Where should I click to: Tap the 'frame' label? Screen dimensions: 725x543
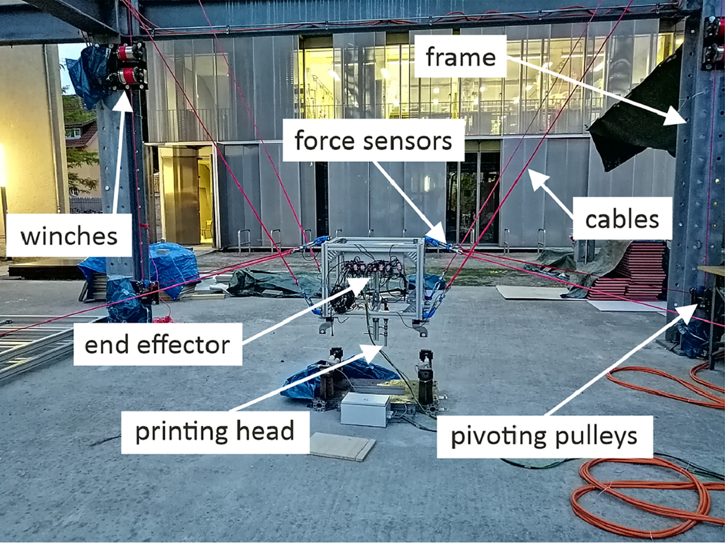pyautogui.click(x=460, y=58)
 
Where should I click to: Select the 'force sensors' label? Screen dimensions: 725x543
pyautogui.click(x=373, y=141)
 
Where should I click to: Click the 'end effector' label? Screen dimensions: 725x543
pyautogui.click(x=158, y=345)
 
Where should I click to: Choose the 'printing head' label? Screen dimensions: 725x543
pyautogui.click(x=214, y=431)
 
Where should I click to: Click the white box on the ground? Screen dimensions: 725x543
pyautogui.click(x=366, y=409)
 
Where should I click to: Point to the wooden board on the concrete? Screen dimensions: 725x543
pyautogui.click(x=342, y=446)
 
